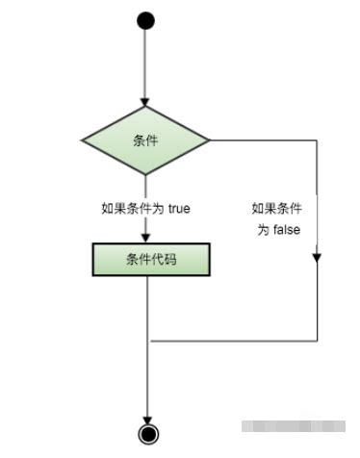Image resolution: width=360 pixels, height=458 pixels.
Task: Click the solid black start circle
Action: (x=145, y=20)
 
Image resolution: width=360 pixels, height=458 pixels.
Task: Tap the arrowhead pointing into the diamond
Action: (x=145, y=100)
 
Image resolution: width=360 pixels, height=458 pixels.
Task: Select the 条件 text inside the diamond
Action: (x=145, y=140)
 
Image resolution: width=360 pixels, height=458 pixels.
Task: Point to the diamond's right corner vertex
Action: (x=211, y=140)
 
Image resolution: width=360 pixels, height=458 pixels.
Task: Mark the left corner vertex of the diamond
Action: (x=81, y=140)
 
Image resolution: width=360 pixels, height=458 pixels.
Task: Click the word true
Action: (x=178, y=207)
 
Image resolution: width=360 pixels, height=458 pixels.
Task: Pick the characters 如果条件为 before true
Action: (x=133, y=207)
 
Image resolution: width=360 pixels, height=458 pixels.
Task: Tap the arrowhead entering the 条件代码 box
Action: (x=145, y=236)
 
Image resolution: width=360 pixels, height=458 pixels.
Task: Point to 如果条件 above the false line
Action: (x=275, y=208)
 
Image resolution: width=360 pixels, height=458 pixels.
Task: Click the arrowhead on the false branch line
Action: (x=318, y=257)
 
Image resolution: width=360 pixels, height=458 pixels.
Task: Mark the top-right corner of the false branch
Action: (x=318, y=140)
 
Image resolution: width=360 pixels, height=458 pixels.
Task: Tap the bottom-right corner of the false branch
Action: (x=318, y=340)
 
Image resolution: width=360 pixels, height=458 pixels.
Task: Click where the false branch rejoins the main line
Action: (x=146, y=340)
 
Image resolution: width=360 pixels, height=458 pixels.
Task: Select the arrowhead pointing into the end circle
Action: (x=146, y=417)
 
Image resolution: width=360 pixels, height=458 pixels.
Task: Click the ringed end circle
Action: (x=146, y=433)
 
